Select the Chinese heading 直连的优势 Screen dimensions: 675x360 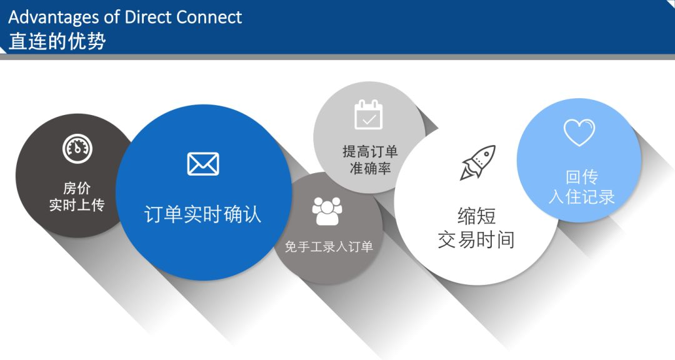[x=57, y=41]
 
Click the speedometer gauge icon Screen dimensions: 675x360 [x=77, y=149]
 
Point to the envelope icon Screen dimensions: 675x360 [x=203, y=164]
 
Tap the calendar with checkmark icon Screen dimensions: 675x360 [x=369, y=114]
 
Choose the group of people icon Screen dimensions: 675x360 [x=327, y=211]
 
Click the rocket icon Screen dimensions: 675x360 [x=478, y=162]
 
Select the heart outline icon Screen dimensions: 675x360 [x=579, y=132]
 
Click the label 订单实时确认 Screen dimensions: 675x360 [x=202, y=214]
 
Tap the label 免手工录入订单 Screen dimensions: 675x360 [x=329, y=247]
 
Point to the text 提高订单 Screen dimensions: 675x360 [x=370, y=152]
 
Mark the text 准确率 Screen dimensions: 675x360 [x=370, y=168]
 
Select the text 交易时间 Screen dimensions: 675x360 [x=476, y=240]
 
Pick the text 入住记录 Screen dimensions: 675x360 [x=582, y=197]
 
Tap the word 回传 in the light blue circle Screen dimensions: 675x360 [x=582, y=177]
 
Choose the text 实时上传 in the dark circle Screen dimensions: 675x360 [x=77, y=205]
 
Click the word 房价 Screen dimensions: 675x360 [x=77, y=188]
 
